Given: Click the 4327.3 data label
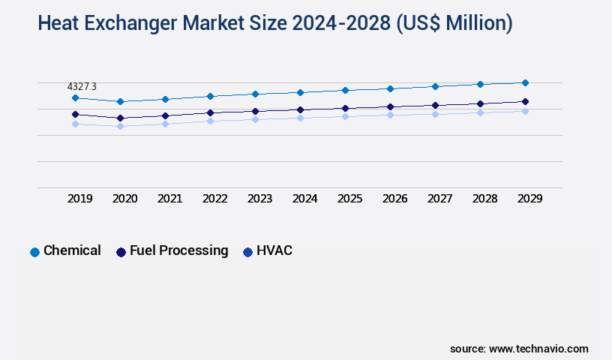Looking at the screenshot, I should tap(82, 87).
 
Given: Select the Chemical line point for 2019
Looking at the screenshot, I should tap(75, 98).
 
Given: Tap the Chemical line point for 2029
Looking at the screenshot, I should tap(525, 82).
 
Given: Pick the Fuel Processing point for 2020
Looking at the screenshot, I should tap(120, 118).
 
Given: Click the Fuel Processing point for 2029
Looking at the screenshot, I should tap(525, 101).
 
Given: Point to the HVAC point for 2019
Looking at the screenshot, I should tap(75, 124).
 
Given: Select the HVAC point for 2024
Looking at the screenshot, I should tap(300, 118).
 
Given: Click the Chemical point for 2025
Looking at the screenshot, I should tap(345, 90).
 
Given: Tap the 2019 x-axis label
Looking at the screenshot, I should tap(80, 199).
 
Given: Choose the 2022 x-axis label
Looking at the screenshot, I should tap(215, 199).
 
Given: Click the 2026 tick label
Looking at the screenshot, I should tap(395, 199).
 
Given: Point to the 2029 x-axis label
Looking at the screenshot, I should tap(530, 199).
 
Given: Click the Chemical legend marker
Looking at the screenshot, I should tap(34, 252).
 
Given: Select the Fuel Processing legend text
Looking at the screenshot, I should tap(178, 250).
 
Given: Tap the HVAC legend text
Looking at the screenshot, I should tap(274, 250).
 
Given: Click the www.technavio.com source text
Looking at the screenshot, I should tap(538, 349).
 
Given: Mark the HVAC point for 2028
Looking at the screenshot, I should tap(480, 112).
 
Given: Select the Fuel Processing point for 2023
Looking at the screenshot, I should tap(255, 111).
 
